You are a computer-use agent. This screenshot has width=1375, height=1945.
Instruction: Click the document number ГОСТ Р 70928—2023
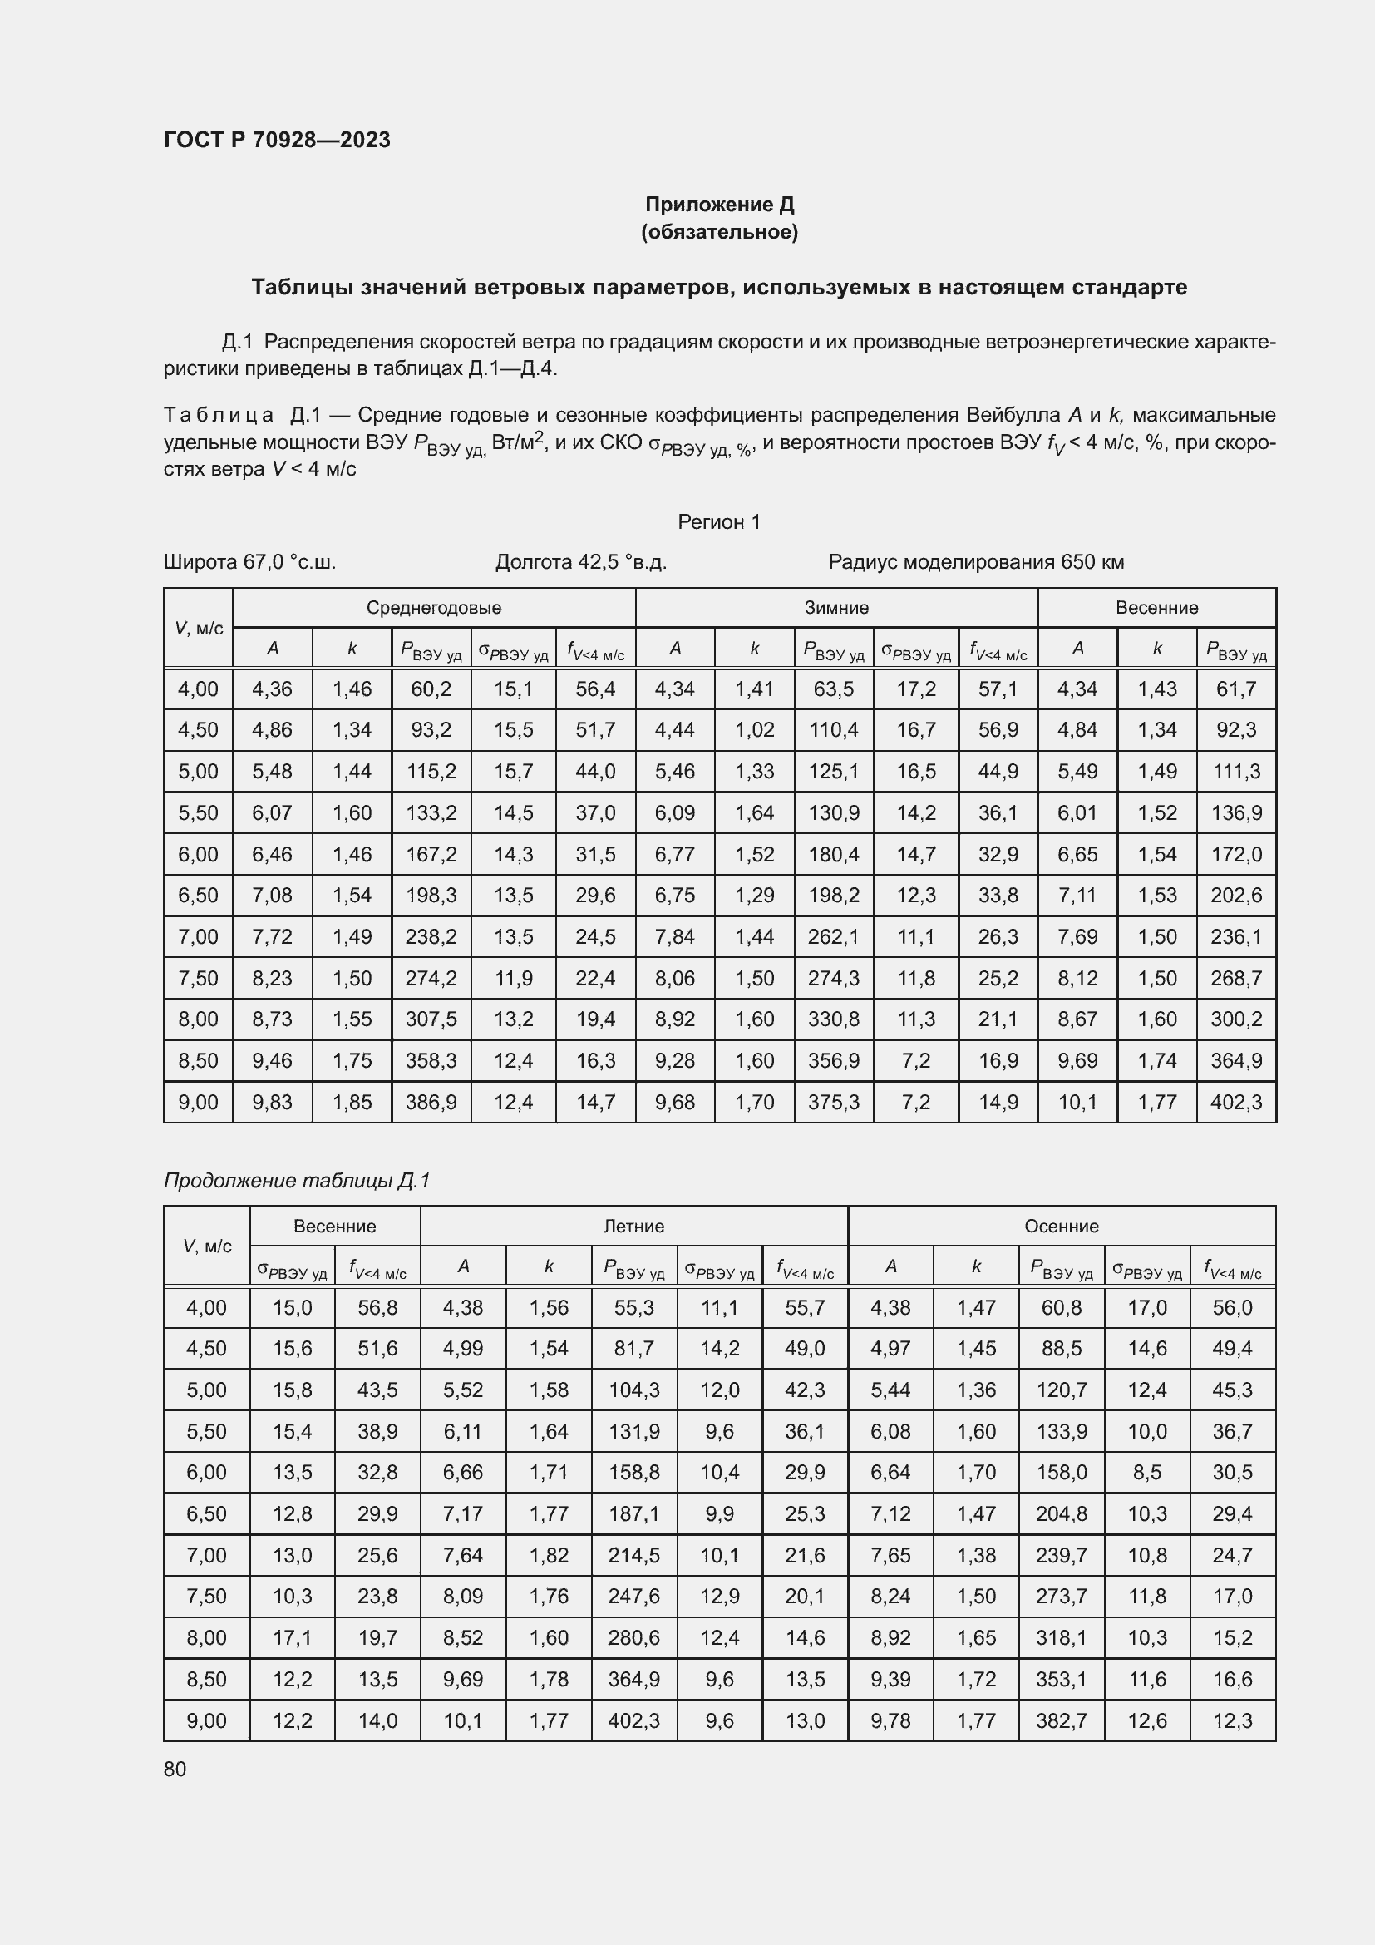point(277,140)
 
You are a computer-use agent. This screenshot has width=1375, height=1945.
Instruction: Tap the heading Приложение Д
point(719,205)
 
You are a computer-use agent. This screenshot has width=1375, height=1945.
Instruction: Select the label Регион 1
point(719,522)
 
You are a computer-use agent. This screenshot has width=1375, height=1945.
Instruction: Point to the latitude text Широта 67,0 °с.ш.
point(249,561)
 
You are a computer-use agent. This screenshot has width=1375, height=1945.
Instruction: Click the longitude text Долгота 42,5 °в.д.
point(581,561)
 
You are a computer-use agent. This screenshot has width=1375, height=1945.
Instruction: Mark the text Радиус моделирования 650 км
point(975,561)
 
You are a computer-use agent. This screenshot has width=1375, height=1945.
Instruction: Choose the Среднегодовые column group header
point(433,607)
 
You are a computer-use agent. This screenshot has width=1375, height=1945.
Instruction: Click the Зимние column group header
point(835,607)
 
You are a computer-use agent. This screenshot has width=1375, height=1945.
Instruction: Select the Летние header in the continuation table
point(633,1226)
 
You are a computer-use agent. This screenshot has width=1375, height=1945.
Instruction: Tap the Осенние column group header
point(1061,1226)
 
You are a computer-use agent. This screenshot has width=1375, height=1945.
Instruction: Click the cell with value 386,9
point(431,1102)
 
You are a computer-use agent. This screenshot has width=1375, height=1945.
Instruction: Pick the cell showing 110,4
point(833,729)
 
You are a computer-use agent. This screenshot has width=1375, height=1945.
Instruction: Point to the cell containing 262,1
point(833,937)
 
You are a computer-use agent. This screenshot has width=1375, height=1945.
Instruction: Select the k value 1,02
point(754,729)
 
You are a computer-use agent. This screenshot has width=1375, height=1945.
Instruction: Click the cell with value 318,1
point(1061,1637)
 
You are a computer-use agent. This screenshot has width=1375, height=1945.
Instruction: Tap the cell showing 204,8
point(1061,1513)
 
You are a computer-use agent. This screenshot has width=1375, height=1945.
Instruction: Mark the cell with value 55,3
point(633,1307)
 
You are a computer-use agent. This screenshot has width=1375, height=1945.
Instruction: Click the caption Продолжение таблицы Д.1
point(296,1180)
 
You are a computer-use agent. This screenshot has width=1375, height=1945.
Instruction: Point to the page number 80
point(175,1769)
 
